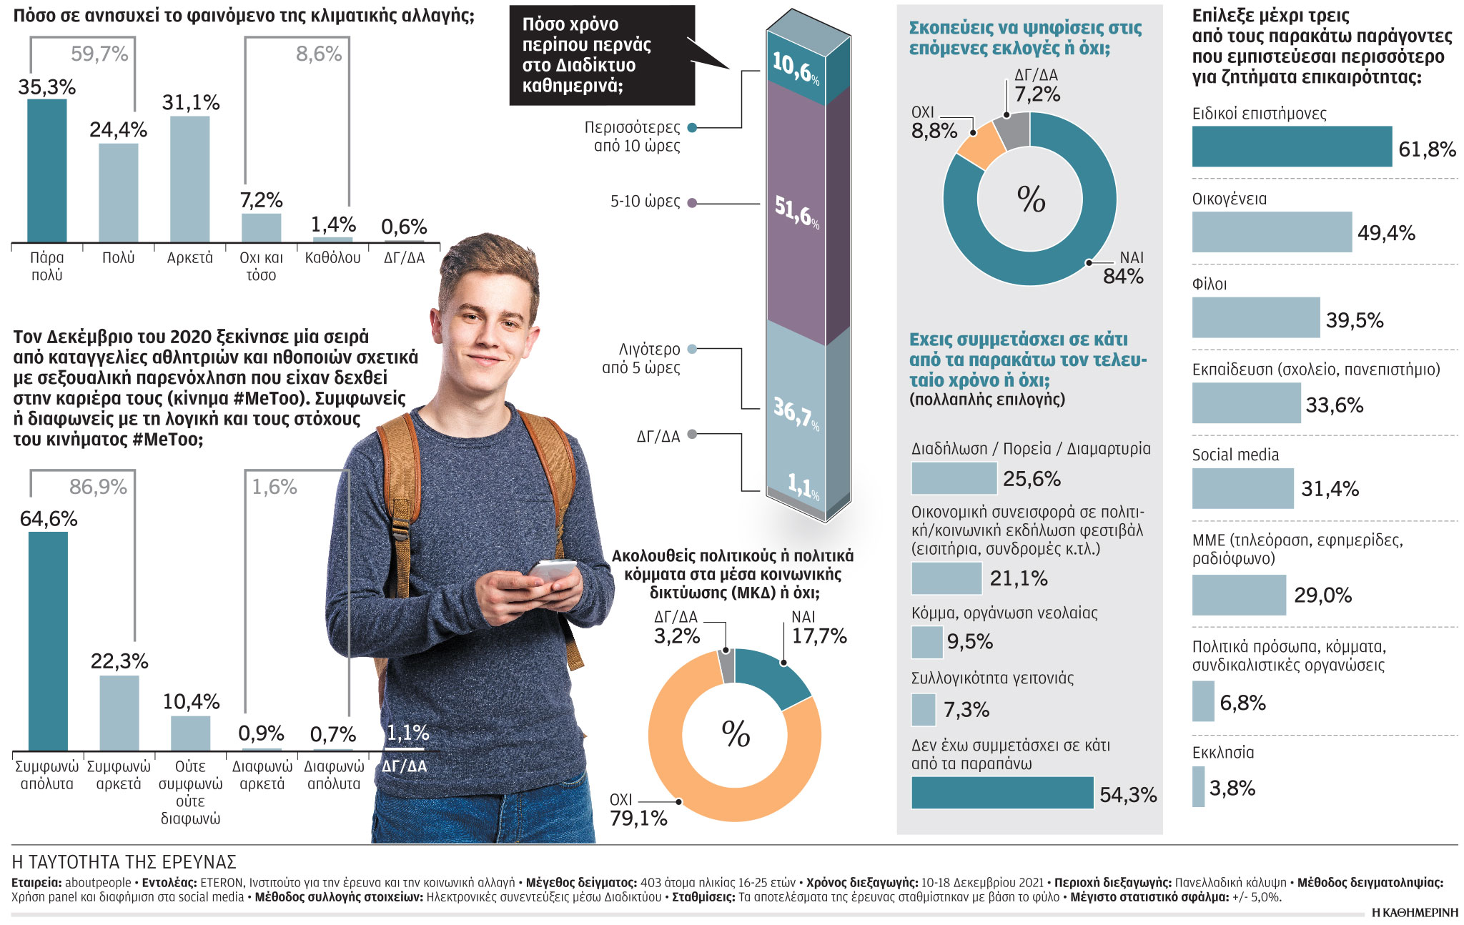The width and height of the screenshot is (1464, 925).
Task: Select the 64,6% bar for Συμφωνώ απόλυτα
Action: click(48, 640)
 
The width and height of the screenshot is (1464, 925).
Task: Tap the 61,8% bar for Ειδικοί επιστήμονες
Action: click(1292, 147)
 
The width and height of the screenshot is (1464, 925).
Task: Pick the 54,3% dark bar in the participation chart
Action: click(1002, 793)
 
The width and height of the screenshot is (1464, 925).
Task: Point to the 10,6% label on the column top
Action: click(796, 67)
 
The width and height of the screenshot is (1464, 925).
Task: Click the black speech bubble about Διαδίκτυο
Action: click(602, 55)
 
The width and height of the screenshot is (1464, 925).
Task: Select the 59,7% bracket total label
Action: click(99, 54)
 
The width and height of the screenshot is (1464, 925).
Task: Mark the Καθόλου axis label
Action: click(332, 258)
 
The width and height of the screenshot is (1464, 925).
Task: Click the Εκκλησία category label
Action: click(1223, 753)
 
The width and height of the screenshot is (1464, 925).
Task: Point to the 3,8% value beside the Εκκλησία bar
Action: click(1232, 788)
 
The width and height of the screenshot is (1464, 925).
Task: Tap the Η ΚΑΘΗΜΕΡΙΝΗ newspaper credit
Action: click(1415, 913)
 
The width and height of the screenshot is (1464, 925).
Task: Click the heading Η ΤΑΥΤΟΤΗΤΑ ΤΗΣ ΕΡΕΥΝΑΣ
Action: click(124, 862)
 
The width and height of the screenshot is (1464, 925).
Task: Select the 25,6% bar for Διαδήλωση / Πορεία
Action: click(954, 478)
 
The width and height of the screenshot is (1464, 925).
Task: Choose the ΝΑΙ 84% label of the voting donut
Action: click(1124, 268)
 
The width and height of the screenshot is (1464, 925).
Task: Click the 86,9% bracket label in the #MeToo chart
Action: click(98, 488)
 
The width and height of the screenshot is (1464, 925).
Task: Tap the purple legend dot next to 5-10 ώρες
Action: click(692, 203)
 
